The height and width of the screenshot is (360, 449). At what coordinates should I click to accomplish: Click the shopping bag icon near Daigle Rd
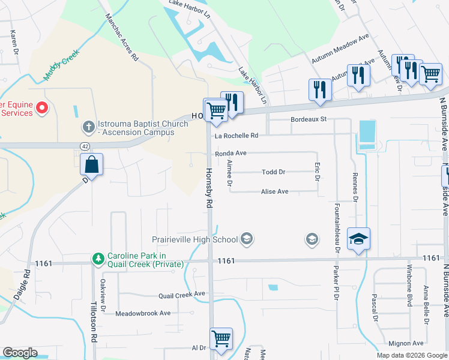pyautogui.click(x=91, y=164)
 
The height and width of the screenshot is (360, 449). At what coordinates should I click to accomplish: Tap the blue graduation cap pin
pyautogui.click(x=358, y=239)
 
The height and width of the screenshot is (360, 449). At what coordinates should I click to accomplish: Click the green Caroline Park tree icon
pyautogui.click(x=97, y=258)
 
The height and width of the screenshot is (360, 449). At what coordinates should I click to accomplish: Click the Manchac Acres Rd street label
pyautogui.click(x=122, y=38)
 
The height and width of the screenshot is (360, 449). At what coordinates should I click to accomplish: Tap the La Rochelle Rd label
pyautogui.click(x=237, y=136)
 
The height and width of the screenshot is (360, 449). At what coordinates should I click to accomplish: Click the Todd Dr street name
pyautogui.click(x=273, y=172)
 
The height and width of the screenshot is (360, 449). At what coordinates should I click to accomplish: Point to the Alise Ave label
pyautogui.click(x=274, y=192)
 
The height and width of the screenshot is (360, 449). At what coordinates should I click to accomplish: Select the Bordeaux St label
pyautogui.click(x=308, y=119)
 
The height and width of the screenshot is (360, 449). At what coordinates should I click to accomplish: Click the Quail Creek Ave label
pyautogui.click(x=181, y=295)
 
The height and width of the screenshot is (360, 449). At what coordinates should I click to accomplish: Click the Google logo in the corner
pyautogui.click(x=20, y=353)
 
